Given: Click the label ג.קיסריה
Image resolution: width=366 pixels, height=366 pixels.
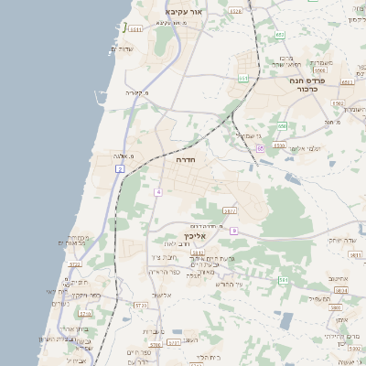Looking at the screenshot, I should (x=135, y=92).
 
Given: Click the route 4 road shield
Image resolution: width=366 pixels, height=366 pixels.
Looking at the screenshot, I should (x=157, y=192).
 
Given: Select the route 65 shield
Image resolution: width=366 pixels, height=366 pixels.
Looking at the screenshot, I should (x=260, y=148).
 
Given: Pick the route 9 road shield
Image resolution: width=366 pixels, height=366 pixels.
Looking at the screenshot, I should (x=233, y=231).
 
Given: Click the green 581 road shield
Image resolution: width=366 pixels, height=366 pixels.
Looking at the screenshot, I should (x=284, y=280).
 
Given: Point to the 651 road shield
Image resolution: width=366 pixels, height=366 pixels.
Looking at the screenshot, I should (x=243, y=79).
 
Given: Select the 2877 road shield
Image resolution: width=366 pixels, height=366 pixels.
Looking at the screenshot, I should (x=229, y=211).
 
